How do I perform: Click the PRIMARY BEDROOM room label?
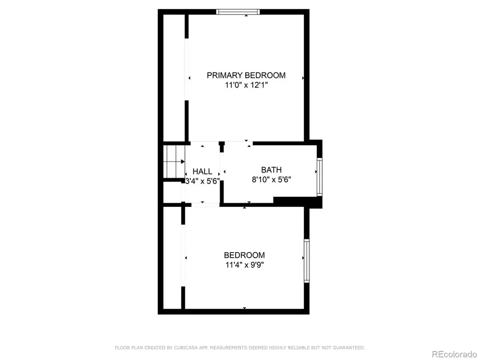click(x=246, y=75)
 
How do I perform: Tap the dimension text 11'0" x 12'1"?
click(x=246, y=85)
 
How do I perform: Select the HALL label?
click(x=202, y=171)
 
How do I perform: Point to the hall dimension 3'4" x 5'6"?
click(x=203, y=181)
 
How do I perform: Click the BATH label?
click(x=271, y=170)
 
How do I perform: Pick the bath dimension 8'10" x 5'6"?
click(x=271, y=179)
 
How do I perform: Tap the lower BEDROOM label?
click(x=244, y=255)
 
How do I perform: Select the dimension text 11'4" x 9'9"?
click(x=245, y=265)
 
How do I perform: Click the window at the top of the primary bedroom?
click(x=238, y=12)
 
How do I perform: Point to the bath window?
click(x=319, y=177)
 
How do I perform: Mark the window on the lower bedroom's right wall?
click(x=307, y=261)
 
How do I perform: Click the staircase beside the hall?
click(x=174, y=161)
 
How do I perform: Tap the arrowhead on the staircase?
click(x=183, y=161)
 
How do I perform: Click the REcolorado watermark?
click(x=454, y=354)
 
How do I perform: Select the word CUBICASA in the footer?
click(x=185, y=348)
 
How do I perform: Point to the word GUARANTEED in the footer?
click(x=349, y=348)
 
